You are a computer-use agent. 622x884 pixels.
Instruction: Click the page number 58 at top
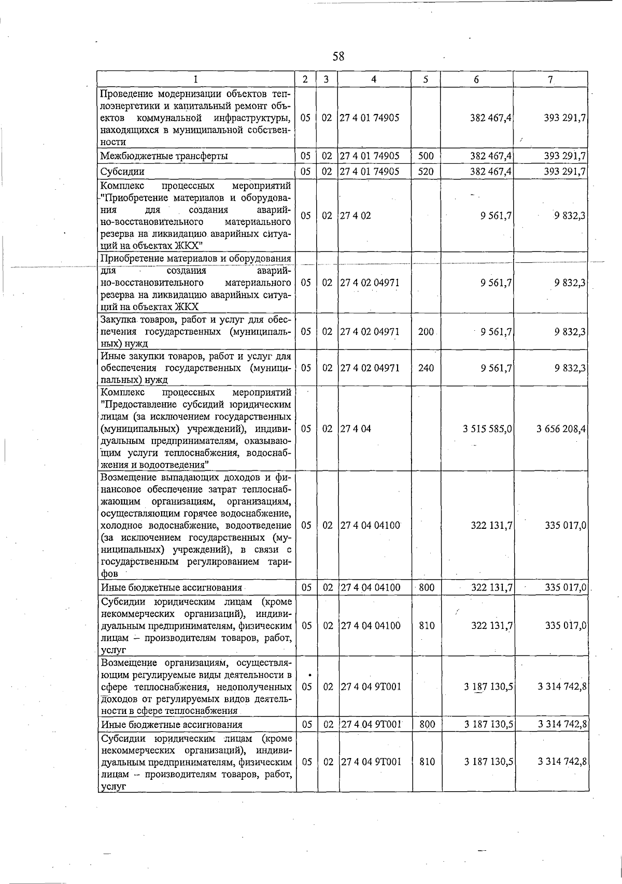pos(338,57)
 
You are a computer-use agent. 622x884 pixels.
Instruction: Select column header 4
pos(374,79)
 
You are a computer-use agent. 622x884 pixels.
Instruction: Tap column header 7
pos(550,79)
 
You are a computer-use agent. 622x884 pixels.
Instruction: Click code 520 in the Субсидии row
pos(426,171)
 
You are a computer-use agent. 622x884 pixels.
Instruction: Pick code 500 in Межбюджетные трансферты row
pos(426,156)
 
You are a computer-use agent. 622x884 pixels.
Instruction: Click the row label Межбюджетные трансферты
pos(164,156)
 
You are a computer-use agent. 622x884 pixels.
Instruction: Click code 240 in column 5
pos(426,368)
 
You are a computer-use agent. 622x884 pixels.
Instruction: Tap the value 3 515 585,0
pos(488,429)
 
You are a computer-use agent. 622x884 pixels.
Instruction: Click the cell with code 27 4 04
pos(356,429)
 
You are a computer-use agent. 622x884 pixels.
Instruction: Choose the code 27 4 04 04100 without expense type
pos(370,525)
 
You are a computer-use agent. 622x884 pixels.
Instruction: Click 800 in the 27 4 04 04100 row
pos(427,587)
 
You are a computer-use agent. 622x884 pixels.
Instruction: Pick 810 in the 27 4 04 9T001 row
pos(427,762)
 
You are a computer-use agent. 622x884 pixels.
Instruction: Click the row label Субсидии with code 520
pos(123,171)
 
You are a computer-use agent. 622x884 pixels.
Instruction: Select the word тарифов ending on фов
pos(110,573)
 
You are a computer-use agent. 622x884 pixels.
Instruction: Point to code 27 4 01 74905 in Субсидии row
pos(370,171)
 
